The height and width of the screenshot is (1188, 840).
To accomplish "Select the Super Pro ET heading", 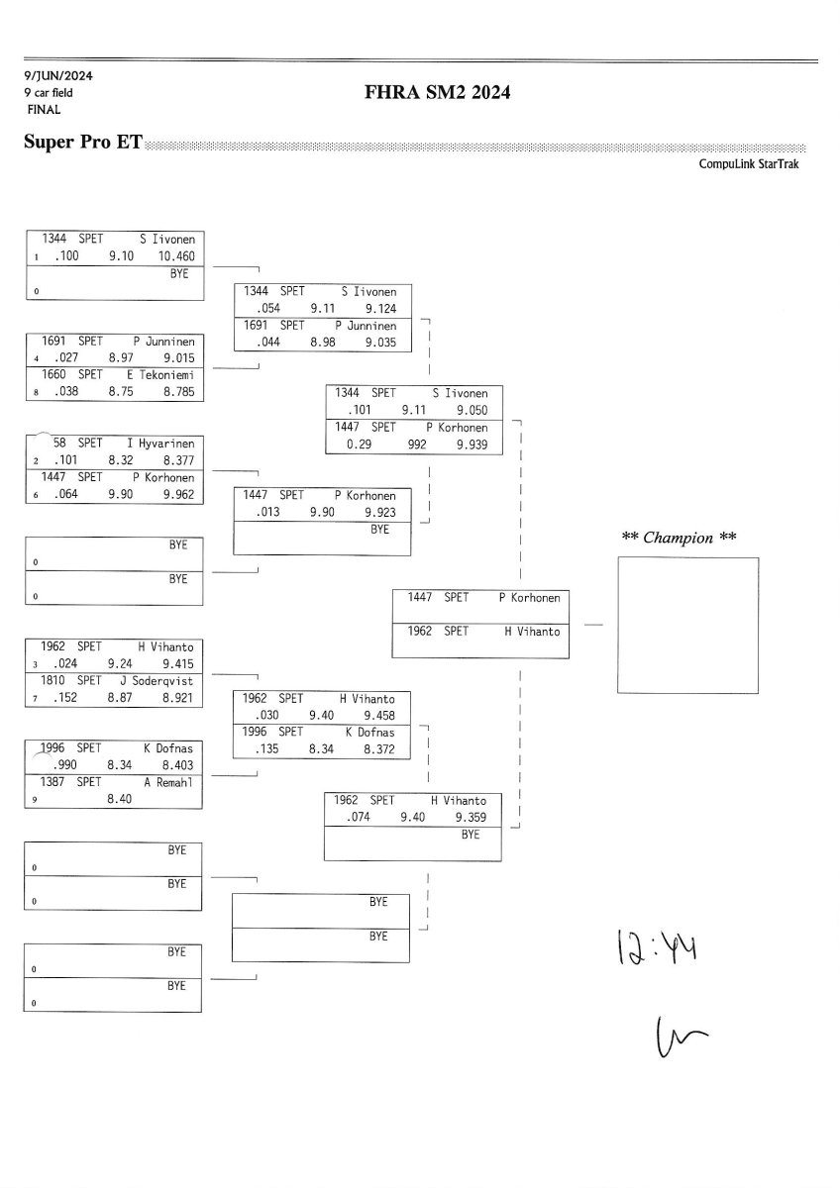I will [x=82, y=144].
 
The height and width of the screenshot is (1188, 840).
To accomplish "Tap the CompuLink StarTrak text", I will [x=748, y=164].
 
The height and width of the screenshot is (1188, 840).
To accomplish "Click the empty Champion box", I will [x=687, y=625].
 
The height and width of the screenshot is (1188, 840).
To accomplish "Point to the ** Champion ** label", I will [x=679, y=538].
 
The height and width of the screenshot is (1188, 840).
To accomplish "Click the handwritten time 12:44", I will [x=657, y=944].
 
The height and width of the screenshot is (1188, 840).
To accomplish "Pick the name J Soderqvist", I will [x=162, y=681].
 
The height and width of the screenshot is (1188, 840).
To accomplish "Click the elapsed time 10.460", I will [x=175, y=255].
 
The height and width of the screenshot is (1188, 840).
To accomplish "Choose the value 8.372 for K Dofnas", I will [x=377, y=749].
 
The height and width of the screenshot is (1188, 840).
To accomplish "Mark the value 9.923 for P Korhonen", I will [x=380, y=512].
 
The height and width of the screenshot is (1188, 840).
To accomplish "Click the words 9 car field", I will [x=49, y=93].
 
